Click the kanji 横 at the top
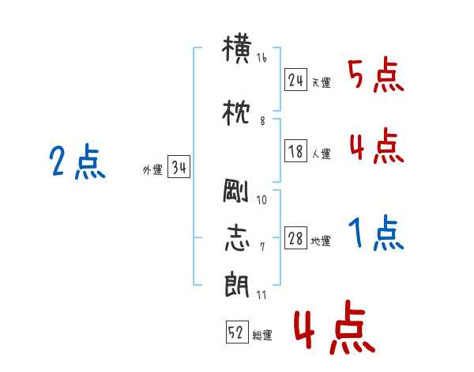pyautogui.click(x=237, y=49)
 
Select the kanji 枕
pyautogui.click(x=236, y=113)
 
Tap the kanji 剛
pyautogui.click(x=235, y=191)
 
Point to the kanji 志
pyautogui.click(x=237, y=237)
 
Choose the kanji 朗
pyautogui.click(x=237, y=284)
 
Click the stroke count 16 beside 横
pyautogui.click(x=261, y=58)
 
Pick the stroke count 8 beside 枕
pyautogui.click(x=262, y=121)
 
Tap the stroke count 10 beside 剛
pyautogui.click(x=261, y=200)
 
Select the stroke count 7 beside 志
pyautogui.click(x=262, y=247)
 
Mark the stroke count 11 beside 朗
pyautogui.click(x=261, y=294)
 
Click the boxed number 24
pyautogui.click(x=295, y=80)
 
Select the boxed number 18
pyautogui.click(x=295, y=150)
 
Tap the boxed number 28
pyautogui.click(x=295, y=237)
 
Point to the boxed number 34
pyautogui.click(x=179, y=167)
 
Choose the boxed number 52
pyautogui.click(x=237, y=332)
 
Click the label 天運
pyautogui.click(x=321, y=82)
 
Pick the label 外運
pyautogui.click(x=152, y=170)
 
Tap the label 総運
pyautogui.click(x=262, y=336)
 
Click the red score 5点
pyautogui.click(x=376, y=74)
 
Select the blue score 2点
pyautogui.click(x=77, y=161)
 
